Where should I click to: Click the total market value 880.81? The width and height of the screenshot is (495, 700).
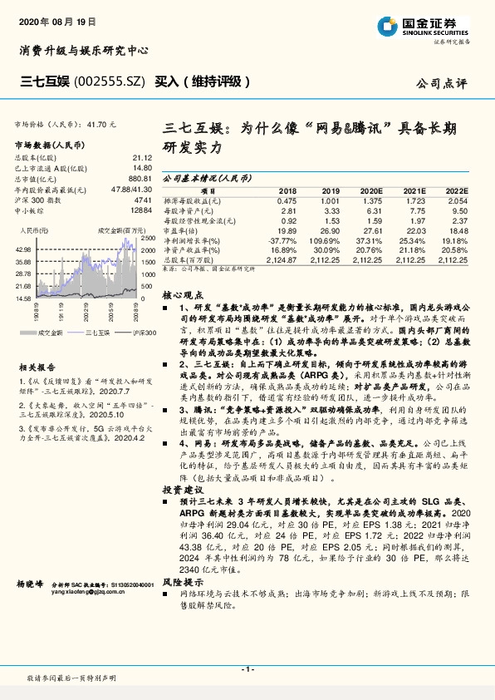tap(139, 179)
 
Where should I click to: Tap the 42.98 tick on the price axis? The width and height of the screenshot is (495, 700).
tap(22, 249)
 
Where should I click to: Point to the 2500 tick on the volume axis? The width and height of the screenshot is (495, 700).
tap(148, 238)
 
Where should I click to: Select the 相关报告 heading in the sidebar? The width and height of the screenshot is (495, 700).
tap(37, 367)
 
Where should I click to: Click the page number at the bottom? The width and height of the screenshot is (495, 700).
tap(247, 669)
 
